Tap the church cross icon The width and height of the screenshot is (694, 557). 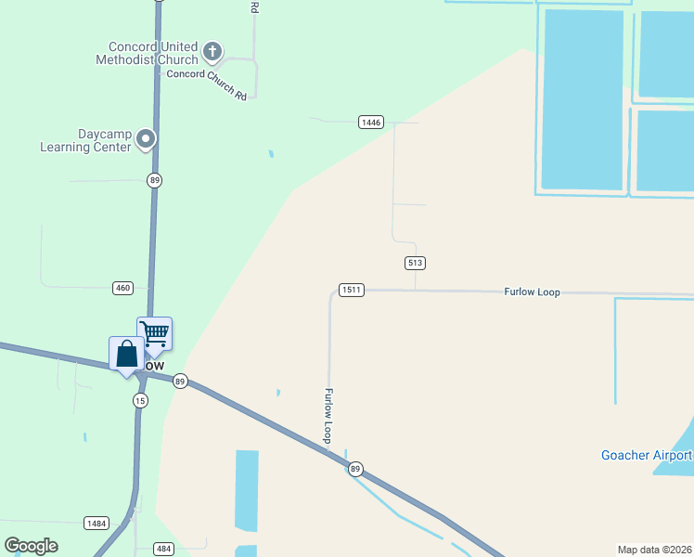(x=212, y=50)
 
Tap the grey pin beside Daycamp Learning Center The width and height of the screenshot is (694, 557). (x=146, y=139)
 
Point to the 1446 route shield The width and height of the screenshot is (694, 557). (x=371, y=122)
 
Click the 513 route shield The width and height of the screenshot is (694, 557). (x=415, y=263)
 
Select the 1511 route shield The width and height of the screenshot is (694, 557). (x=351, y=290)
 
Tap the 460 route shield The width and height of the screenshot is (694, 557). (x=122, y=288)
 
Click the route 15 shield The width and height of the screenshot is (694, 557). (x=140, y=400)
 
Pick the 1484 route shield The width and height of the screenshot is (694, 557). (x=96, y=524)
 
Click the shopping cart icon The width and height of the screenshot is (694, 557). (x=154, y=332)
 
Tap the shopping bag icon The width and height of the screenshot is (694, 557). (x=127, y=353)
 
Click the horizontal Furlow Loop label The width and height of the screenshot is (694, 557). (x=532, y=291)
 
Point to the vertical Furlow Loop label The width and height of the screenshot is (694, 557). (x=328, y=415)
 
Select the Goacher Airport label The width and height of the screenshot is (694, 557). (x=647, y=455)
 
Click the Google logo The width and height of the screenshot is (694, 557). (x=31, y=545)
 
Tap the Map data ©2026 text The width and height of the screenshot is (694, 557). (x=655, y=549)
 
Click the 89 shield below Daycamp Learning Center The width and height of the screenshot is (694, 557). (x=154, y=180)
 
